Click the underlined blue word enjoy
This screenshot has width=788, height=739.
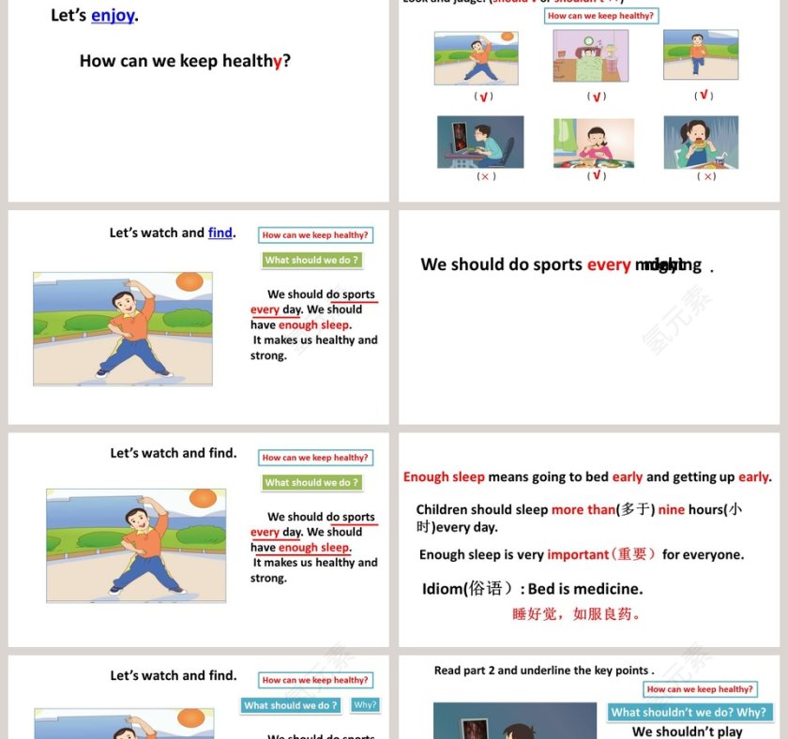click(x=113, y=16)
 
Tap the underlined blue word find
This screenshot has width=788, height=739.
click(x=220, y=233)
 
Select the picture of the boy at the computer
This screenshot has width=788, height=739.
click(x=480, y=142)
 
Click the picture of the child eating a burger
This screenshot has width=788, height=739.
click(x=701, y=142)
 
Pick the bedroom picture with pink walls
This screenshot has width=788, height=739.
click(x=591, y=56)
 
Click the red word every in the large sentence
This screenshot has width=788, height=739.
click(x=609, y=265)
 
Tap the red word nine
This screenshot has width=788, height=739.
click(x=672, y=510)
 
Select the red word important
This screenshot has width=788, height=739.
click(x=578, y=554)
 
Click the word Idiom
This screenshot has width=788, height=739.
click(x=443, y=589)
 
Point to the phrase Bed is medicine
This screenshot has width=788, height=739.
click(x=585, y=589)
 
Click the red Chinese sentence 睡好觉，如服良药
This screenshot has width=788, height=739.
click(x=577, y=614)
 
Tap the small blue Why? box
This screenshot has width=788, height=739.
click(x=365, y=705)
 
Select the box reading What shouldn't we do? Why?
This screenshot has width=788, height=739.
click(x=689, y=713)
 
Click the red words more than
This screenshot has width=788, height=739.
click(x=583, y=510)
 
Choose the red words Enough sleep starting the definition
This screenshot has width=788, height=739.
click(x=444, y=476)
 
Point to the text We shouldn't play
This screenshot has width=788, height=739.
click(x=687, y=731)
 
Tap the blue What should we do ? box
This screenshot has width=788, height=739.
click(x=291, y=705)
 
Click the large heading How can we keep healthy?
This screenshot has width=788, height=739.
click(x=185, y=61)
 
